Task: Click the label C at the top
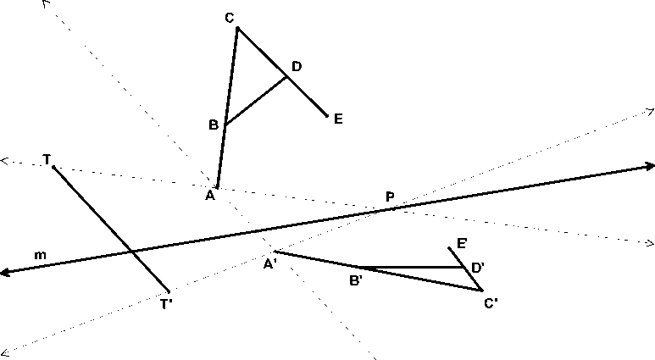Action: pyautogui.click(x=229, y=18)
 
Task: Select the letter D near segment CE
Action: pyautogui.click(x=296, y=66)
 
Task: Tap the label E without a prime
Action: pyautogui.click(x=338, y=119)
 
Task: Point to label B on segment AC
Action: pyautogui.click(x=214, y=125)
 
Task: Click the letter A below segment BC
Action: pyautogui.click(x=208, y=196)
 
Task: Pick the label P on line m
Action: pyautogui.click(x=390, y=197)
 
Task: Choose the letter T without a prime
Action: pyautogui.click(x=47, y=159)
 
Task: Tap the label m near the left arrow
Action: pyautogui.click(x=40, y=254)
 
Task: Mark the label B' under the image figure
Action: pyautogui.click(x=357, y=280)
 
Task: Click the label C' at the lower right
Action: pyautogui.click(x=491, y=302)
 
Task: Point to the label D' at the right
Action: pyautogui.click(x=478, y=267)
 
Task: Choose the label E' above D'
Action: pyautogui.click(x=462, y=244)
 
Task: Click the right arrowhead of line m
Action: pyautogui.click(x=648, y=166)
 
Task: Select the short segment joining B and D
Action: pyautogui.click(x=256, y=101)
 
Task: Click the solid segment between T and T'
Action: pyautogui.click(x=93, y=210)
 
